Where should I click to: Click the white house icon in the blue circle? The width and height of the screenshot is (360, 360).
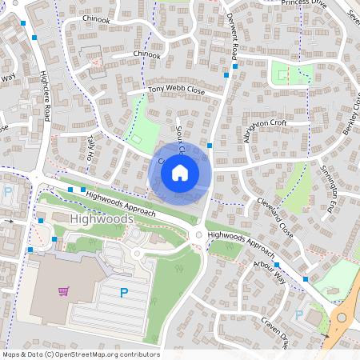(180, 172)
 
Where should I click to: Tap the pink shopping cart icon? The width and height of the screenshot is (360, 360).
(62, 291)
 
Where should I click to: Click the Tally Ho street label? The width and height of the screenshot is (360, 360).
(90, 146)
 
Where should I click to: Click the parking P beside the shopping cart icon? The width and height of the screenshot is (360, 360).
(123, 293)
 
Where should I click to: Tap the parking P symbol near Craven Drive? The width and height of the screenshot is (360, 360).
(299, 314)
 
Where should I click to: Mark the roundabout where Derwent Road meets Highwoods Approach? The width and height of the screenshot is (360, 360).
(198, 234)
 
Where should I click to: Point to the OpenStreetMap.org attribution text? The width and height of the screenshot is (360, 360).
(80, 354)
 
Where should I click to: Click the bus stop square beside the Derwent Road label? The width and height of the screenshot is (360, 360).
(226, 74)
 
